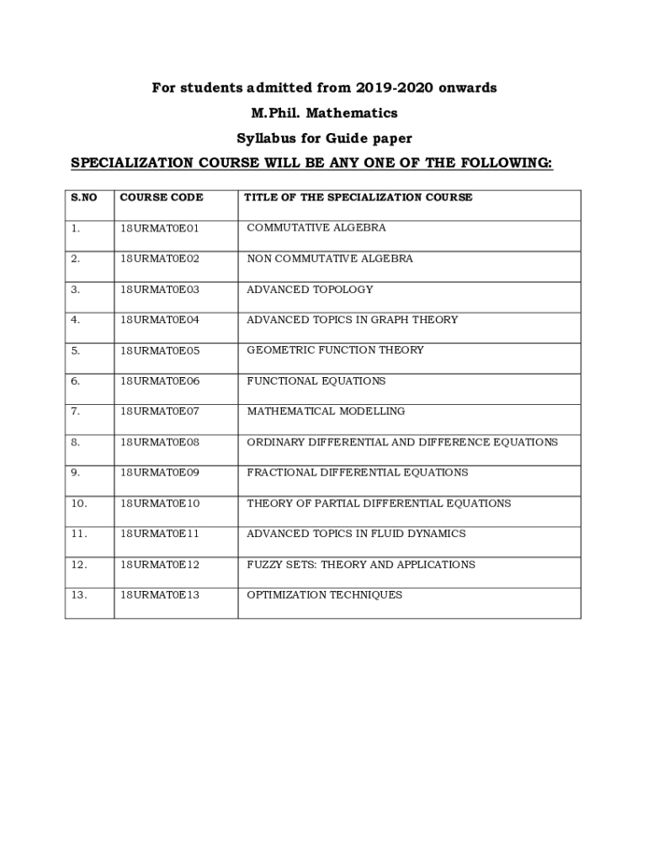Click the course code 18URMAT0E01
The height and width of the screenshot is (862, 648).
click(x=160, y=228)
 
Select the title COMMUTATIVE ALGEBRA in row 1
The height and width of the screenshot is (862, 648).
click(x=316, y=228)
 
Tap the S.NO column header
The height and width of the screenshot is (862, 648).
click(x=84, y=198)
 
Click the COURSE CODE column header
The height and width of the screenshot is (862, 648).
click(x=162, y=198)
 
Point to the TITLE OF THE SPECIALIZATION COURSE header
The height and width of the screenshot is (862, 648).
click(x=359, y=198)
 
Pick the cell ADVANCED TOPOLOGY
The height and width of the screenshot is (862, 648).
click(x=310, y=290)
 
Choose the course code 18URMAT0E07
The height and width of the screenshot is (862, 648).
click(x=160, y=412)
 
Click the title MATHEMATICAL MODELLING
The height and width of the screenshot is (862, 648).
click(x=326, y=412)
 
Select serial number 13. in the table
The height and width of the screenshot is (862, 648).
click(x=79, y=595)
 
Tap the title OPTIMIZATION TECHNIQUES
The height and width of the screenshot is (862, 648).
click(x=325, y=595)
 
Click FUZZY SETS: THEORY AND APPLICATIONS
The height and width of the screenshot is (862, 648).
click(x=361, y=565)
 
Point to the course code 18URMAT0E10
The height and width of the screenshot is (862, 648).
click(x=160, y=503)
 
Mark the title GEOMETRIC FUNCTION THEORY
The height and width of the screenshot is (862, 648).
click(x=335, y=350)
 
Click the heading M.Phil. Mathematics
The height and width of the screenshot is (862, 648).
click(x=324, y=113)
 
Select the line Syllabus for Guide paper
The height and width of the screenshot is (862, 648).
click(x=324, y=138)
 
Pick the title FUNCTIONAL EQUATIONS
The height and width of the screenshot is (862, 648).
click(x=316, y=381)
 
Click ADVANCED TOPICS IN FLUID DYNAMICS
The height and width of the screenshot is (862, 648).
click(x=356, y=534)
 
